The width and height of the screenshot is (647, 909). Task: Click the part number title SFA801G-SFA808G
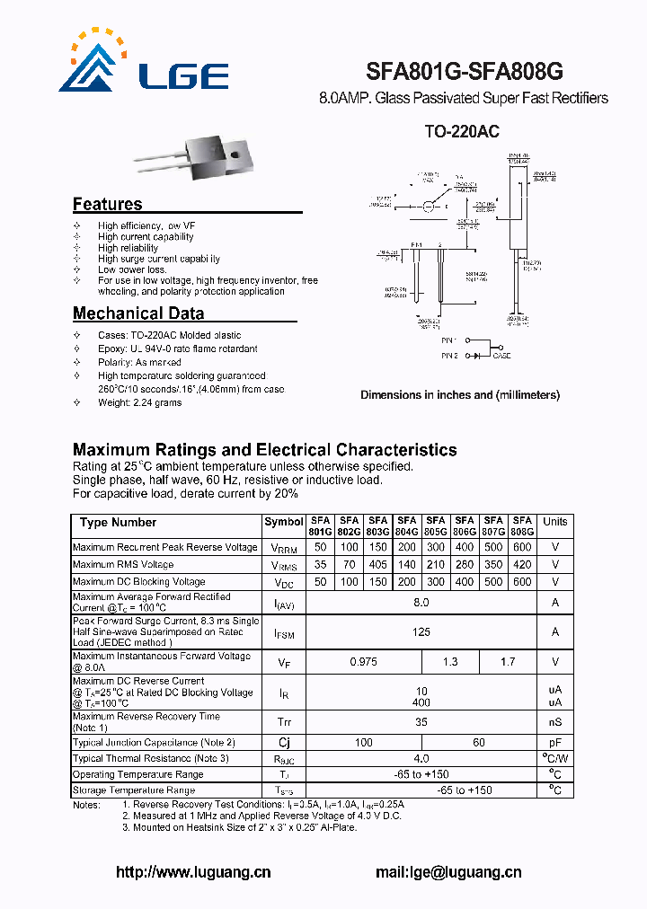click(x=465, y=72)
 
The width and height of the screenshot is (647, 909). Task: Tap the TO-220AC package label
click(x=462, y=131)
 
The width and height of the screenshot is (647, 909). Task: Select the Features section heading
click(x=107, y=204)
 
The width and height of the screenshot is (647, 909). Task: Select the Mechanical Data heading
click(x=138, y=313)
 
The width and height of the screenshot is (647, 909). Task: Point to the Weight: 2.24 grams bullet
click(x=139, y=402)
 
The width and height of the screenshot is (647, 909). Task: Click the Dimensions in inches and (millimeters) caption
click(x=460, y=394)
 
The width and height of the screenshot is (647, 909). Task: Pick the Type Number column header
click(x=118, y=523)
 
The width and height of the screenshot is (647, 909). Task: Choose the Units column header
click(x=555, y=522)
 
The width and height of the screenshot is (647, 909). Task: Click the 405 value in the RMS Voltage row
click(x=378, y=565)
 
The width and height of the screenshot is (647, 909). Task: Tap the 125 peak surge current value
click(x=421, y=632)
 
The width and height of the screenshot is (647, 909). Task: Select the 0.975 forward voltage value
click(x=364, y=662)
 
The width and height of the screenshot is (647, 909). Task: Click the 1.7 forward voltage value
click(x=508, y=662)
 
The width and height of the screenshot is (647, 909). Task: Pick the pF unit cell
click(x=555, y=743)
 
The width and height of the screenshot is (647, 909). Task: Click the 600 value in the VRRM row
click(x=522, y=547)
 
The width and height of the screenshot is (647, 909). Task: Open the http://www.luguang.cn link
click(x=193, y=872)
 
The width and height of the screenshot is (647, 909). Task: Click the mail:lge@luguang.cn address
click(x=448, y=872)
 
